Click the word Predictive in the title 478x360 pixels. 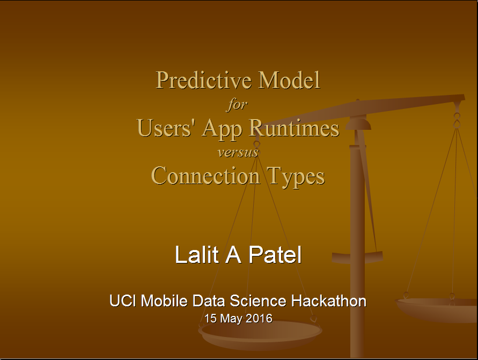pos(204,81)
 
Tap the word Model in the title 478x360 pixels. pos(289,80)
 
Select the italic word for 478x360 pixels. pos(237,105)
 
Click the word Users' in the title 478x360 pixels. pos(165,128)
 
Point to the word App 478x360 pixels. pos(222,129)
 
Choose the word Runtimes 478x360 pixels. pos(294,128)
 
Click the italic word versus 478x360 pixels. pos(238,152)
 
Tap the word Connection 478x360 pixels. pos(206,176)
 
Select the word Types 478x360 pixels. pos(296,177)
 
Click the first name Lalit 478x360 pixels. pos(197,254)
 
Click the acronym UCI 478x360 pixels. pos(123,301)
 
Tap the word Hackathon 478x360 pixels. pos(329,301)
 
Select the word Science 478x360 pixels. pos(258,301)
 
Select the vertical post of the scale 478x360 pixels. pos(357,244)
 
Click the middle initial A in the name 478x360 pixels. pos(233,254)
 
